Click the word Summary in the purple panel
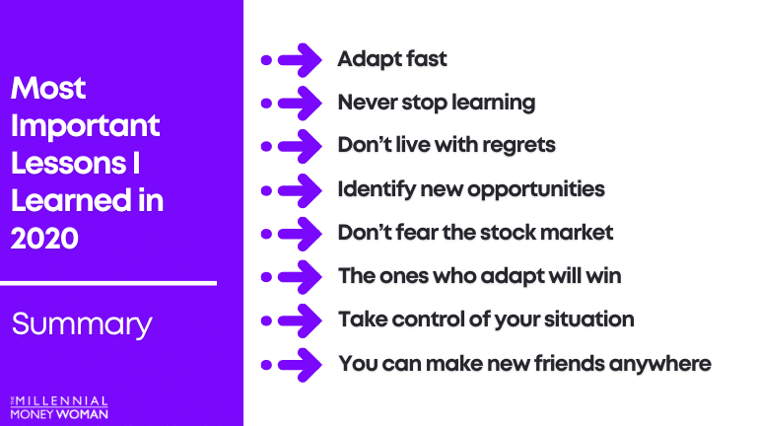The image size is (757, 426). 82,324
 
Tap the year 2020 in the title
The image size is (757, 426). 44,238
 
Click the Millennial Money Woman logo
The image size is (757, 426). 59,407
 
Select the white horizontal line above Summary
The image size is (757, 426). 108,284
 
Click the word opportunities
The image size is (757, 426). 536,189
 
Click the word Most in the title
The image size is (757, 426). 48,88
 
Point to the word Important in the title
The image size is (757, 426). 85,127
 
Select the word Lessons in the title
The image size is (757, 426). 69,164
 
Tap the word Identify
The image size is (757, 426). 377,189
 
